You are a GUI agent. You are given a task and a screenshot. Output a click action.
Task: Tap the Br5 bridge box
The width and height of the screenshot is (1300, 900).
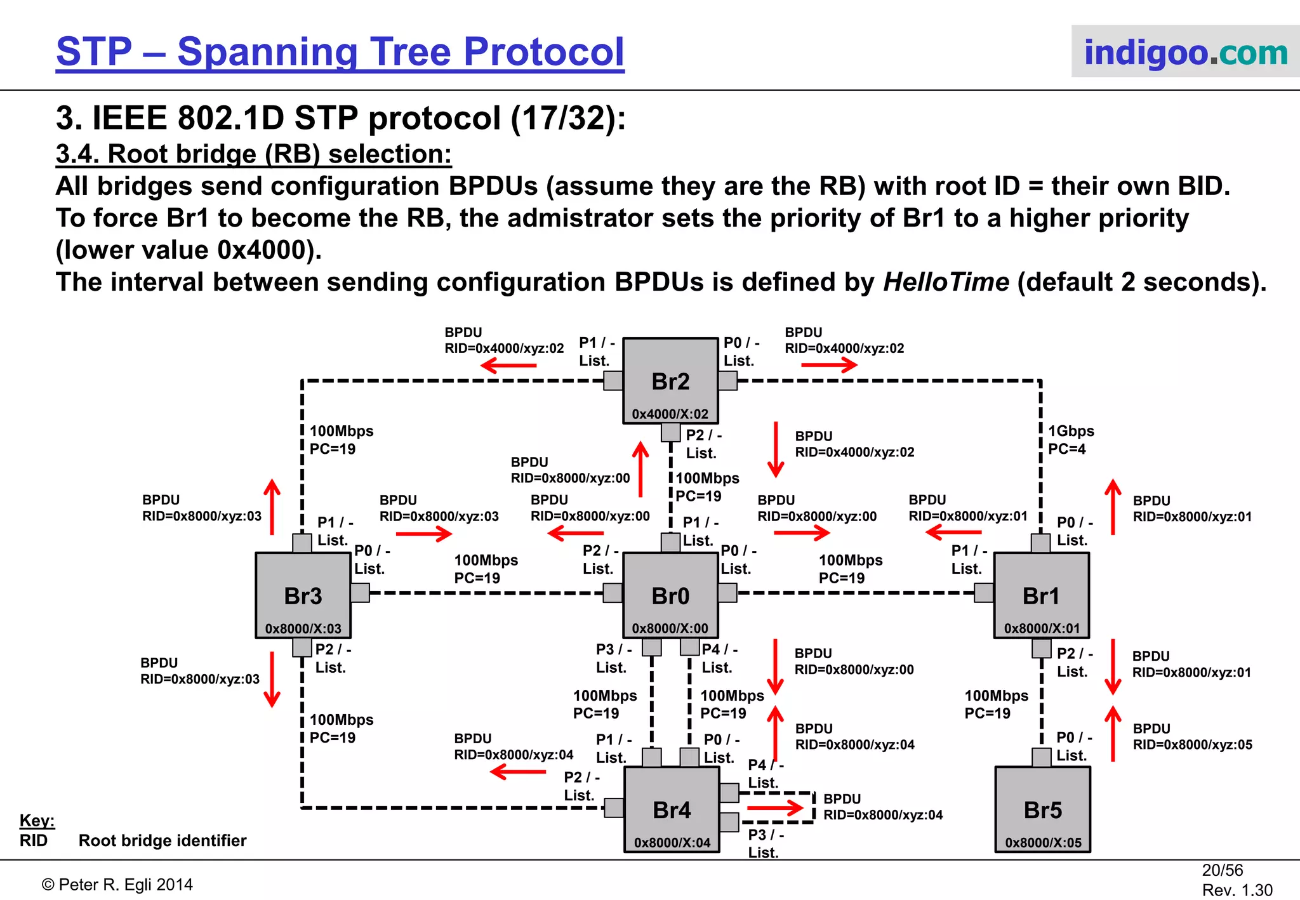[x=1042, y=810]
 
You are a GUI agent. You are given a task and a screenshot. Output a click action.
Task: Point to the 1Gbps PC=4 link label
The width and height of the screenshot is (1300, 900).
[x=1070, y=440]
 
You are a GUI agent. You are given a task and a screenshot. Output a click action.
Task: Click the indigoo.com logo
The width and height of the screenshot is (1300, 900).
[x=1185, y=52]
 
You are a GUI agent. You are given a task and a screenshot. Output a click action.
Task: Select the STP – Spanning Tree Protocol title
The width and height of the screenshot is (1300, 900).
[x=340, y=52]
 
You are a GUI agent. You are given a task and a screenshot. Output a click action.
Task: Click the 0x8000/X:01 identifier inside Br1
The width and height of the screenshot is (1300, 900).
[x=1042, y=628]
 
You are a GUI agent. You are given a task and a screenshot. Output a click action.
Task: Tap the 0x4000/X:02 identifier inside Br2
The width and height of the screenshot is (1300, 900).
[x=670, y=414]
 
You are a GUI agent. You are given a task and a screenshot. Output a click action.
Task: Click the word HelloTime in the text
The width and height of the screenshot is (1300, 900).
[x=946, y=282]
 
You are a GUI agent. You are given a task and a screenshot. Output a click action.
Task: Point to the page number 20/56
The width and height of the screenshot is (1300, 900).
[x=1222, y=870]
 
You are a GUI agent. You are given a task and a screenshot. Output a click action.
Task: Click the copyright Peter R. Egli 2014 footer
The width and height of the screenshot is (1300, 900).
[x=117, y=885]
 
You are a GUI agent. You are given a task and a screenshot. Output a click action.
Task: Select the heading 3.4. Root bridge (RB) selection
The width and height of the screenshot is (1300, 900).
[x=254, y=154]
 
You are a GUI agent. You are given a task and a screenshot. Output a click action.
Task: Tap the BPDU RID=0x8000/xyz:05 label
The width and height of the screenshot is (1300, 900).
[x=1192, y=737]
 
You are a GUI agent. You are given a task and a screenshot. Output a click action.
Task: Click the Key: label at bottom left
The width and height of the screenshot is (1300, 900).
[x=37, y=820]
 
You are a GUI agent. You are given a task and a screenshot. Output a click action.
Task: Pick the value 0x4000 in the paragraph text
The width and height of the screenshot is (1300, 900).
[x=262, y=250]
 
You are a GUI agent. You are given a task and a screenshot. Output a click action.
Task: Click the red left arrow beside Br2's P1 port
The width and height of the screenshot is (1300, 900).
[x=508, y=366]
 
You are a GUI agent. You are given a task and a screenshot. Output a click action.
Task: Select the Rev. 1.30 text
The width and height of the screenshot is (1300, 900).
[x=1237, y=890]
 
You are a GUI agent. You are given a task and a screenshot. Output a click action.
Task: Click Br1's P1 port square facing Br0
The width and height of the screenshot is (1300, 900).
[x=984, y=593]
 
